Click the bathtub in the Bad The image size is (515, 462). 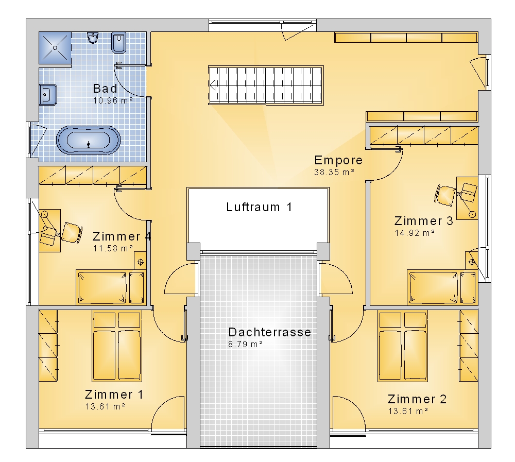89,140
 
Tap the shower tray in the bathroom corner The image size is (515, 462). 55,48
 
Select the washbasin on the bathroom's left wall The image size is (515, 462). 48,95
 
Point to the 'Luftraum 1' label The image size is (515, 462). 259,207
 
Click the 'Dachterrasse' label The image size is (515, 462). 270,332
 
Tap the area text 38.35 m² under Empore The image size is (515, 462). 334,172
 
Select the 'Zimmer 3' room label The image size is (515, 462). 424,221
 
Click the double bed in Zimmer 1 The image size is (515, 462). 117,346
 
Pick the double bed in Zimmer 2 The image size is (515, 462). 403,346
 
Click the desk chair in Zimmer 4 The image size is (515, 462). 72,233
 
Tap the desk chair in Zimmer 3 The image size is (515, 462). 445,196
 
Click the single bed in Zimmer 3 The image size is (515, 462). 441,287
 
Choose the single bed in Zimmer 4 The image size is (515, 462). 110,287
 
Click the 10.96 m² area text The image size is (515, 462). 113,100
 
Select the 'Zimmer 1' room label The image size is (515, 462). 114,395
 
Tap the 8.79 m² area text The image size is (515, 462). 245,344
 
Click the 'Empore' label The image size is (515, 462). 338,160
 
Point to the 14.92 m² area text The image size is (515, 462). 415,233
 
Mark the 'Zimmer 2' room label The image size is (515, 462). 417,399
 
